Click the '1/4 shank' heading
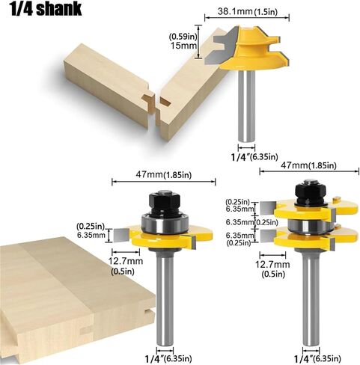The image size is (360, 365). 46,10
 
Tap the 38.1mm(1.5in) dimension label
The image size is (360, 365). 247,11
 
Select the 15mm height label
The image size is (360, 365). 183,46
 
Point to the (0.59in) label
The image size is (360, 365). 183,37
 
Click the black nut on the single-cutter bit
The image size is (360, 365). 165,203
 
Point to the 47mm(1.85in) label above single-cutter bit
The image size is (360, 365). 164,174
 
